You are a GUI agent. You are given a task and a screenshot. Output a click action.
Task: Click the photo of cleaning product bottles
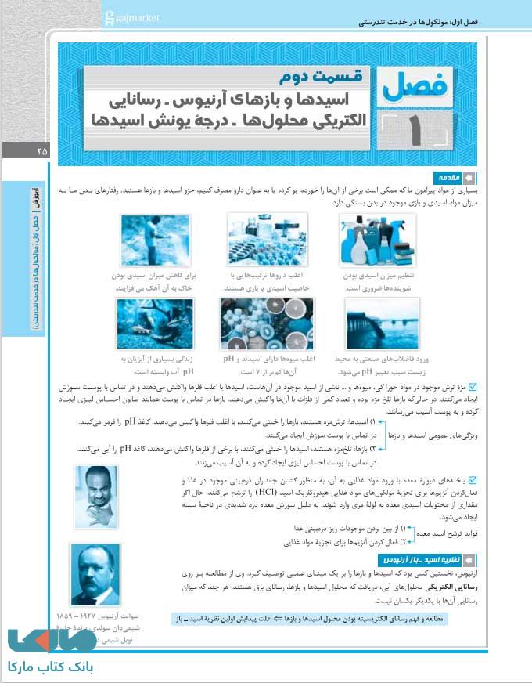click(x=377, y=240)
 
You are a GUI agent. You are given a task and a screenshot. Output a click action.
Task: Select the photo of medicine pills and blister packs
click(x=267, y=240)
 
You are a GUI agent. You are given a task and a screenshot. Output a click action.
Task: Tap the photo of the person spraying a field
click(x=156, y=240)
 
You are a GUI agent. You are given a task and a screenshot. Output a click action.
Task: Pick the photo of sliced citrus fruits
click(x=267, y=323)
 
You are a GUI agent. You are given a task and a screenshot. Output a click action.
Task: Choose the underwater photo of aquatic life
click(x=156, y=323)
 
